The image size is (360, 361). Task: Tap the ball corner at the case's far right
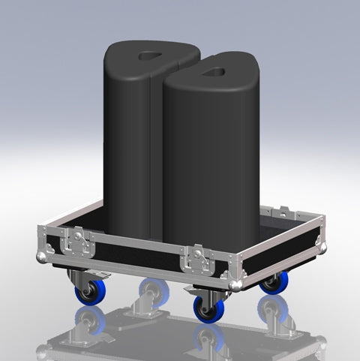(322, 245)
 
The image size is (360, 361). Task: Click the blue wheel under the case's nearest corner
(207, 308)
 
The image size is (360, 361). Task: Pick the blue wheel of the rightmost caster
(274, 283)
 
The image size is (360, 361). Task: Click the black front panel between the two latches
(139, 253)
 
